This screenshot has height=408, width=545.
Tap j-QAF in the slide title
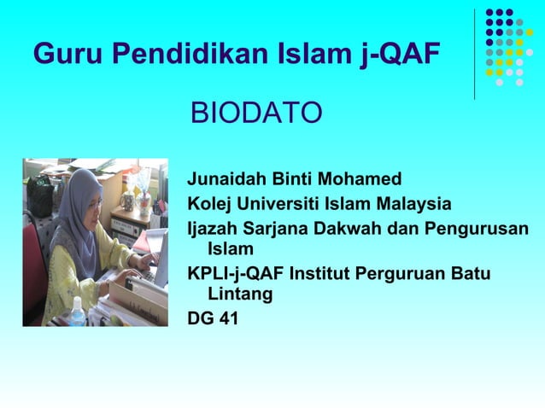pos(399,54)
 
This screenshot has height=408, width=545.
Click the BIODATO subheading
pos(255,112)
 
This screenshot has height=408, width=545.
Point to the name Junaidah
pos(225,180)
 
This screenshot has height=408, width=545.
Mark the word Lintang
pos(240,294)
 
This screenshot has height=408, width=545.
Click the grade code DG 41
pos(213,318)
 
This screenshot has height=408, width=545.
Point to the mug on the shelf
pos(127,201)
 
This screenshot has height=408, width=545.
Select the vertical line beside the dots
pos(475,54)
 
